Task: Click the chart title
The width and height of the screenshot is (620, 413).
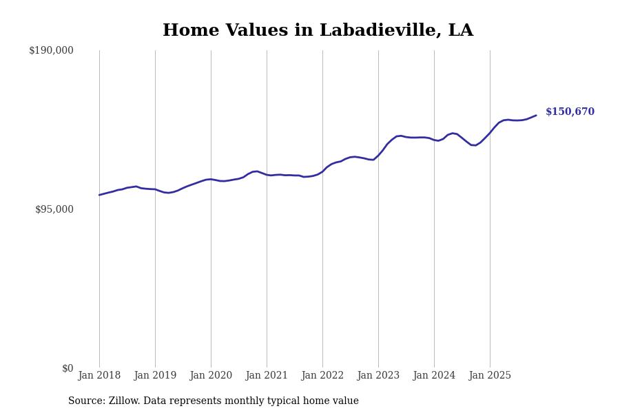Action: (318, 31)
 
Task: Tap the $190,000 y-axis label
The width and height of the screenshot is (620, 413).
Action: (51, 50)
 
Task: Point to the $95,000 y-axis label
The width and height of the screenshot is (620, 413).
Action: (54, 209)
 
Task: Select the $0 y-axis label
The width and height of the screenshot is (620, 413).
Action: (68, 368)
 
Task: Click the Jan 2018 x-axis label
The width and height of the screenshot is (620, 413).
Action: (99, 376)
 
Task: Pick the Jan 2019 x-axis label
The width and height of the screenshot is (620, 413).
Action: (155, 376)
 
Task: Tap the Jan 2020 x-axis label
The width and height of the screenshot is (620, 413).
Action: (211, 376)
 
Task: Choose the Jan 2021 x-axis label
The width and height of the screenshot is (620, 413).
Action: (267, 376)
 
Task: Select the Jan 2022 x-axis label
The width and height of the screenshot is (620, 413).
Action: (322, 376)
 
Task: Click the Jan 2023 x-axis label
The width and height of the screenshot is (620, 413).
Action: (378, 376)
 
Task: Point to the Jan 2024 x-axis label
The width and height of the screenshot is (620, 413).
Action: (434, 376)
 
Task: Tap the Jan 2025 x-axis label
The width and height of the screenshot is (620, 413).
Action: (490, 376)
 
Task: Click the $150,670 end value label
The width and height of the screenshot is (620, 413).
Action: (570, 112)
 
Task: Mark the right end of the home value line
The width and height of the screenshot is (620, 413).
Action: (536, 116)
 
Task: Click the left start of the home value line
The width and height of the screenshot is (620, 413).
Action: (99, 195)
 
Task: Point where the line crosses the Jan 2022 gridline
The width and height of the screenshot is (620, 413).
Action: (322, 170)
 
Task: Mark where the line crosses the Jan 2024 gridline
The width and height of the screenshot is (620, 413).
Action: (434, 140)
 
